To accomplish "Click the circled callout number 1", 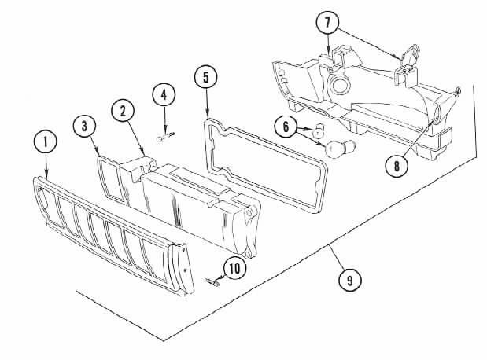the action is [x=46, y=141].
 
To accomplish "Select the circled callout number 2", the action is [x=123, y=111].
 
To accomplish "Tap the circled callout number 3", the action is [x=84, y=127].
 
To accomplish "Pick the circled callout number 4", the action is [x=164, y=94].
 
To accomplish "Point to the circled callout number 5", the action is [x=205, y=77].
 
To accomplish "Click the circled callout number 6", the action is [x=286, y=127].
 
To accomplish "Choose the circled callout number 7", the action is [x=327, y=23].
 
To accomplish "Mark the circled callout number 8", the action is [x=397, y=166].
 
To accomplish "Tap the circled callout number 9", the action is [x=350, y=281].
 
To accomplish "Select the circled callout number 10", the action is [x=234, y=268].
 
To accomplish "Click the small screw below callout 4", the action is [x=166, y=137].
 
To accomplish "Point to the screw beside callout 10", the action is [x=212, y=282].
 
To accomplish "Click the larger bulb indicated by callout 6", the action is [x=338, y=148].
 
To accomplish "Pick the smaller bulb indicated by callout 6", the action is [x=318, y=130].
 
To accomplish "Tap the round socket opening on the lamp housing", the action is [x=339, y=84].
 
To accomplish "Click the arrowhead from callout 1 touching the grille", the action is [x=46, y=175].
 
